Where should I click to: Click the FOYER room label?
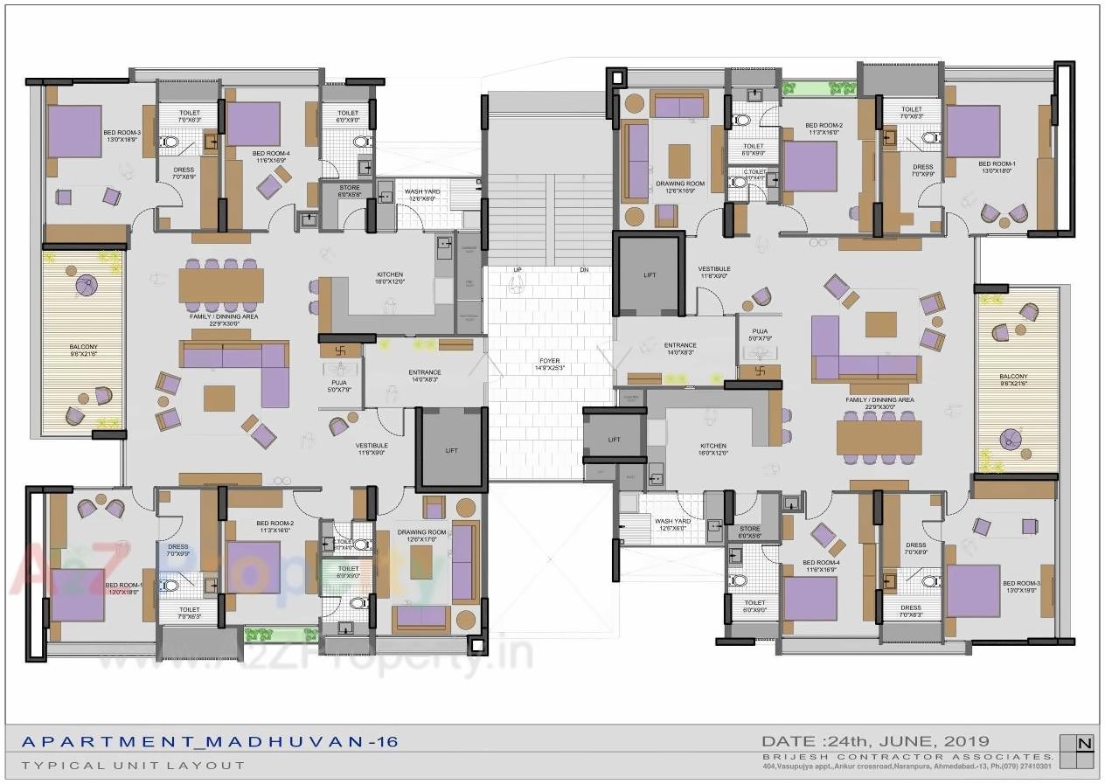click(550, 359)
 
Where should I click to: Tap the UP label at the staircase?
click(518, 269)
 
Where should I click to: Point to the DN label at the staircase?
click(584, 269)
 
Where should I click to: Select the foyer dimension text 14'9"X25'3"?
click(550, 368)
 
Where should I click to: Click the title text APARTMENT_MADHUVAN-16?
click(209, 742)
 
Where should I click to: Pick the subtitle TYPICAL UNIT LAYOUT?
click(133, 765)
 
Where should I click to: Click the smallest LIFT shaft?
click(614, 440)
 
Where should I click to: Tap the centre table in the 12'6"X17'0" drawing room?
click(421, 558)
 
